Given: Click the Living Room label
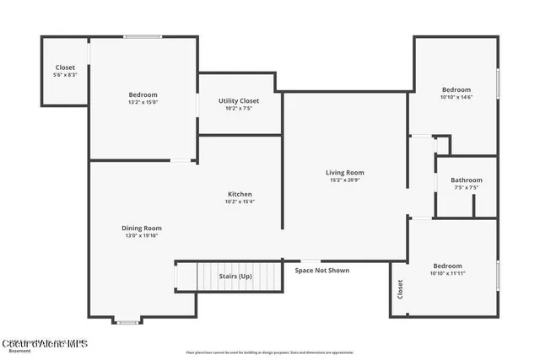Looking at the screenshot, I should click(x=344, y=173).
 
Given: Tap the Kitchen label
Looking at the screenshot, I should click(x=240, y=194).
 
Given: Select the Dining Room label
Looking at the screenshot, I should click(x=141, y=228).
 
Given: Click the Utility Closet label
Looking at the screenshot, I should click(x=239, y=100).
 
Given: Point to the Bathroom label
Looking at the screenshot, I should click(x=466, y=180).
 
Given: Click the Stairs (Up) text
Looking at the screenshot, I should click(x=235, y=277).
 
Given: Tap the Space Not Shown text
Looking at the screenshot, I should click(x=321, y=271).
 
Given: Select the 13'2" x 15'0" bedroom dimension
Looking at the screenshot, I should click(x=143, y=102).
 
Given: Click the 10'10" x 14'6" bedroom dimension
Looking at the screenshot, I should click(x=456, y=97).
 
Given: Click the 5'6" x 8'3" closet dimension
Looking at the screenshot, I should click(x=65, y=75).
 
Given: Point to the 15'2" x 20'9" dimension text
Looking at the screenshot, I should click(x=344, y=180).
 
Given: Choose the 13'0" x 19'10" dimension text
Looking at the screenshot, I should click(x=141, y=235).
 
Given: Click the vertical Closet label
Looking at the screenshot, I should click(x=400, y=290).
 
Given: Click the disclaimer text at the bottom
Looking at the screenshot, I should click(x=269, y=352).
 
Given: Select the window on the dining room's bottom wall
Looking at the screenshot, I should click(x=128, y=321).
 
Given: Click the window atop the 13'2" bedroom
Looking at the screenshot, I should click(x=143, y=36).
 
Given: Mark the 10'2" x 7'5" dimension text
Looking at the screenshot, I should click(x=239, y=108).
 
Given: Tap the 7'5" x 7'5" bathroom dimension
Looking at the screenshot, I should click(x=466, y=187).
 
